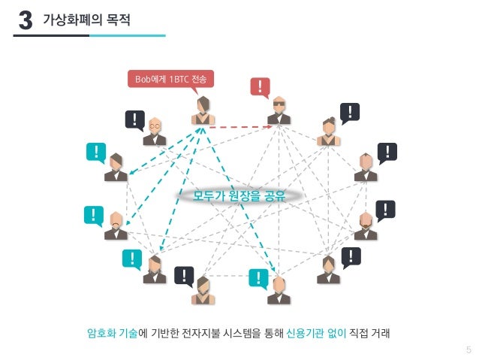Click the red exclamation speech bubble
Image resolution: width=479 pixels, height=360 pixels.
point(260,88)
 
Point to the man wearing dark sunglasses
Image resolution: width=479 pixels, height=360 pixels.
point(279,111)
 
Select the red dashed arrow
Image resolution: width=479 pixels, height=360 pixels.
point(239,126)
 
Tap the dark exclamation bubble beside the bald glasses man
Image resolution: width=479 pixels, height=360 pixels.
point(134,119)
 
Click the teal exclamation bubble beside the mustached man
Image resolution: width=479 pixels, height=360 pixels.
point(94,216)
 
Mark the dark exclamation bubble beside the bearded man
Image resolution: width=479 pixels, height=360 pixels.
point(384,210)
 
